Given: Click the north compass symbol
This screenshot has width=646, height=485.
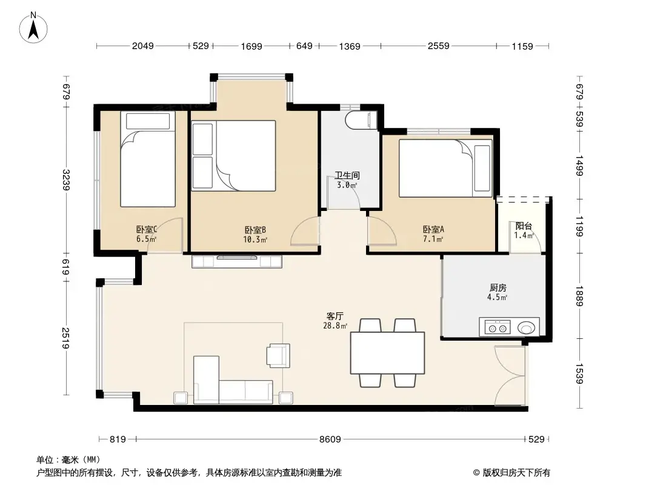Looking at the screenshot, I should pos(35,27).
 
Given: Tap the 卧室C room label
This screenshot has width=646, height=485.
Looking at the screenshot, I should pos(146,230).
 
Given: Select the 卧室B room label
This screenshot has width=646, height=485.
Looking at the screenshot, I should pos(255,230).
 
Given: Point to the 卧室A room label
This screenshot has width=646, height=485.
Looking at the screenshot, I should pos(433,230).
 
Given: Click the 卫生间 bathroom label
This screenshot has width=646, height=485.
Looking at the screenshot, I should pos(347,176).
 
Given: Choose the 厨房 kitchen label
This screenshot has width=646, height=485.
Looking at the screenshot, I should pos(498,288).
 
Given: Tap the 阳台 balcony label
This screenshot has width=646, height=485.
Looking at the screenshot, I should pos(524,226).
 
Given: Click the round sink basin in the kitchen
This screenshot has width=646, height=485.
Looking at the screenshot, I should pos(527,328).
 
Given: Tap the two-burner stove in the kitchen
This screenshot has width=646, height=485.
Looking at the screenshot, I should pos(497,328).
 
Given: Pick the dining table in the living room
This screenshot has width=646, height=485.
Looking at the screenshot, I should pos(388,352).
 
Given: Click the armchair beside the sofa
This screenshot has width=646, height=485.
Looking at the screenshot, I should pos(279,355).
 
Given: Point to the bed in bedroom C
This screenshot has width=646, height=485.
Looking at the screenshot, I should pos(147,159).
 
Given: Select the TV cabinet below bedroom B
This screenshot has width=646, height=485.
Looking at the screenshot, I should pos(237,261).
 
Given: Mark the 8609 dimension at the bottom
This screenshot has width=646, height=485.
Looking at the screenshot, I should pos(330,440).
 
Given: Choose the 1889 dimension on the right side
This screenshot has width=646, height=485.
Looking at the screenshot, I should pos(579,296).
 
